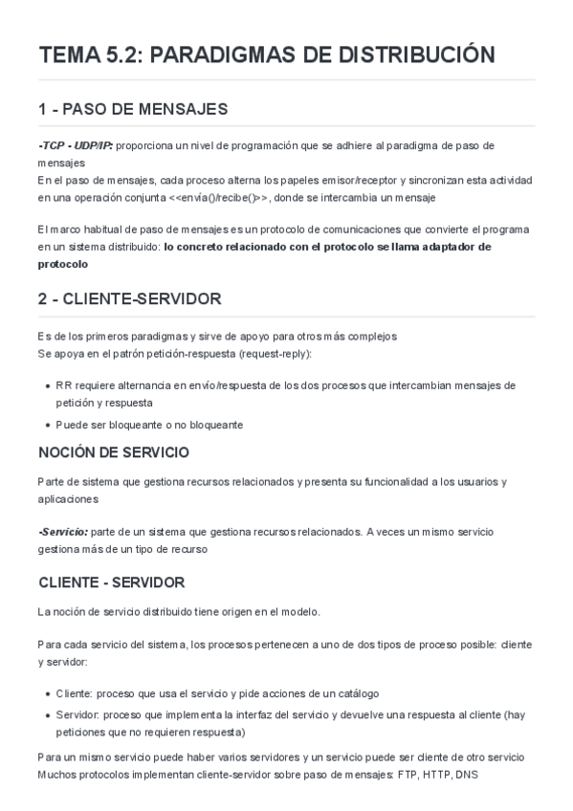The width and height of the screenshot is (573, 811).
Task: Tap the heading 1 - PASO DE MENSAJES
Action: click(x=133, y=108)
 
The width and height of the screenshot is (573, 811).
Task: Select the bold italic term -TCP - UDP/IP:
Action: click(x=76, y=145)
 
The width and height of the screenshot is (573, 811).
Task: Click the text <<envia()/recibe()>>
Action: click(x=221, y=198)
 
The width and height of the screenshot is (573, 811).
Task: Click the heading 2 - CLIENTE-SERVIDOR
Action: click(x=130, y=298)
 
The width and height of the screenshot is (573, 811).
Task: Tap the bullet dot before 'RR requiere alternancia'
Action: click(x=48, y=385)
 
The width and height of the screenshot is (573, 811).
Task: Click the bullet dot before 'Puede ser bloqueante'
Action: click(x=48, y=425)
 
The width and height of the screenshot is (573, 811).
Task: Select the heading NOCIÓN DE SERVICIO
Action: click(x=114, y=451)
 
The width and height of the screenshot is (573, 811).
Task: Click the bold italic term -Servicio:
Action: click(x=63, y=531)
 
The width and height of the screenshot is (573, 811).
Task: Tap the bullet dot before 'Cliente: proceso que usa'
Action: click(x=48, y=693)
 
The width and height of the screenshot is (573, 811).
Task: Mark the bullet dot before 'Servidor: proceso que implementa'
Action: click(x=48, y=715)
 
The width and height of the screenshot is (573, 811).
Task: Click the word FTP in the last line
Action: click(x=408, y=775)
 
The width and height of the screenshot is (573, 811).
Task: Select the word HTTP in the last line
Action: click(x=437, y=775)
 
